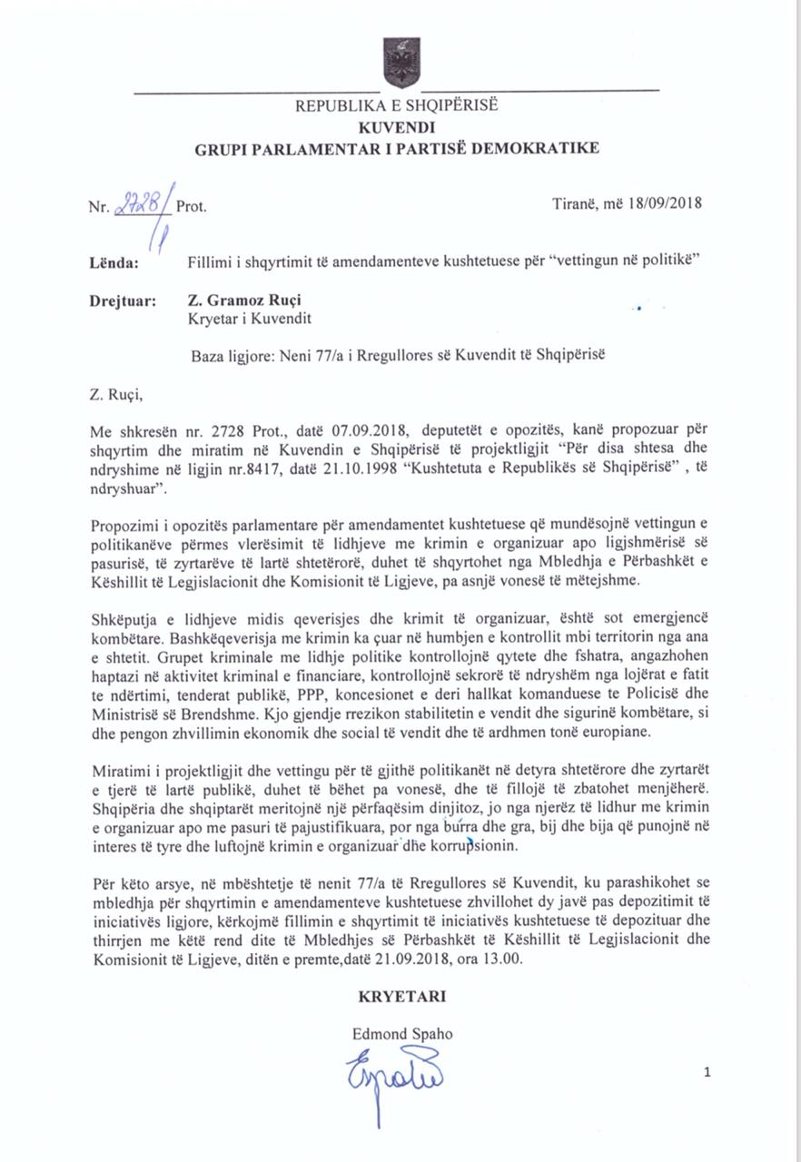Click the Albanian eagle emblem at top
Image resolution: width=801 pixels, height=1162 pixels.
400,62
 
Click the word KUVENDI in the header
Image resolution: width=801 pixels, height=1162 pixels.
397,127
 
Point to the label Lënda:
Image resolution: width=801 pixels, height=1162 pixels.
114,263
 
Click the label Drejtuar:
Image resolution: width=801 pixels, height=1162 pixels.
124,300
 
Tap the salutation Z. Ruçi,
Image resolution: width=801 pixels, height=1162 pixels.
117,394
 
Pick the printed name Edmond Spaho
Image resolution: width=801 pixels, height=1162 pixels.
402,1034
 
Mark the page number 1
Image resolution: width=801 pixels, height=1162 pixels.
707,1072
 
